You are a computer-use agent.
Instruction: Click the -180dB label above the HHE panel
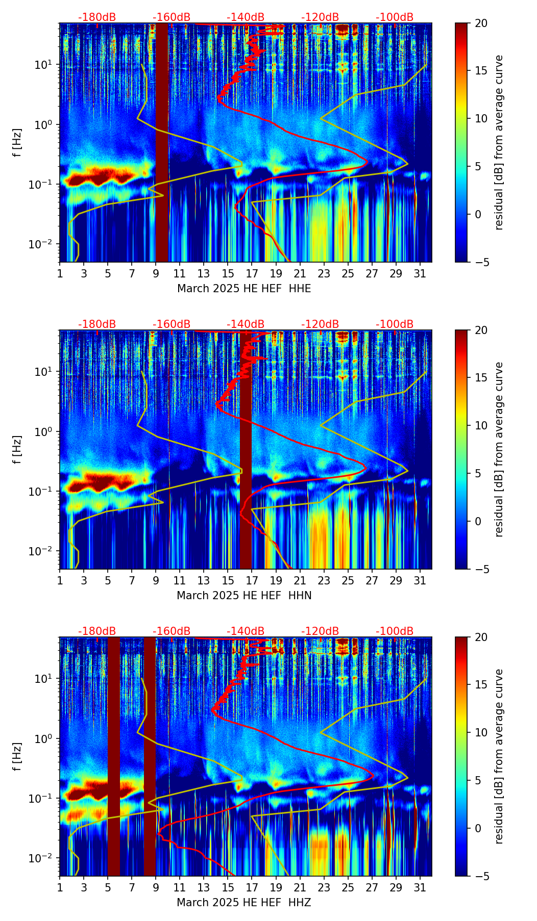tap(97, 17)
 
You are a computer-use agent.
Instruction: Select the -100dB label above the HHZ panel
tap(395, 631)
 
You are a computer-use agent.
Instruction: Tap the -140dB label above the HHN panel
tap(246, 324)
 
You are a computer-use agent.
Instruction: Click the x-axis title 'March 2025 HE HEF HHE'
tap(244, 289)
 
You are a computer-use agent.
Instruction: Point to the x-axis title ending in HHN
tap(244, 596)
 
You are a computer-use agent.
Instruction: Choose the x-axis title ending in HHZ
tap(244, 903)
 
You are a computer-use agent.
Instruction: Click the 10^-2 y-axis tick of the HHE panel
tap(45, 245)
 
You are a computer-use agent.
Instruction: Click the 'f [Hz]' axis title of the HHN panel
tap(18, 449)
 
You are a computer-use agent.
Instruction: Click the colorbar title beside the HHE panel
tap(499, 142)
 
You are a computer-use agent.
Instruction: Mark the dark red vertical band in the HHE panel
tap(162, 142)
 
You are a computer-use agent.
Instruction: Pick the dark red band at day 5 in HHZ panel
tap(114, 756)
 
